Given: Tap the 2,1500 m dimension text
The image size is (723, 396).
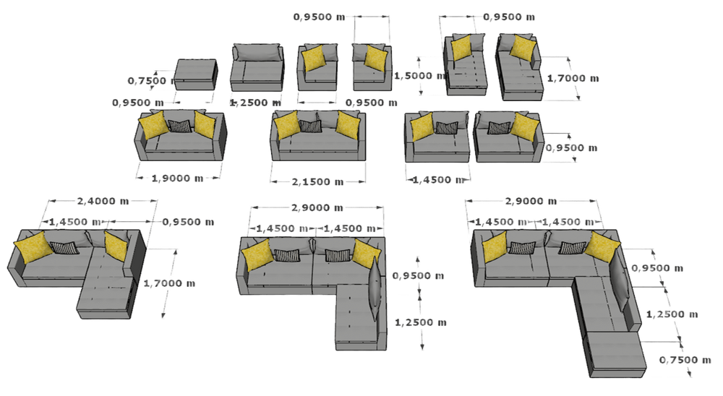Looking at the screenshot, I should (315, 180).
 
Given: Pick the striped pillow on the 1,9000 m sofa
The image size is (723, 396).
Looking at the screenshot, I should (181, 127).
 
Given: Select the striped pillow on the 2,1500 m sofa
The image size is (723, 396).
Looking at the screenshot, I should (309, 126).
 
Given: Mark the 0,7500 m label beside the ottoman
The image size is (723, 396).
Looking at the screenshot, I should (147, 80).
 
